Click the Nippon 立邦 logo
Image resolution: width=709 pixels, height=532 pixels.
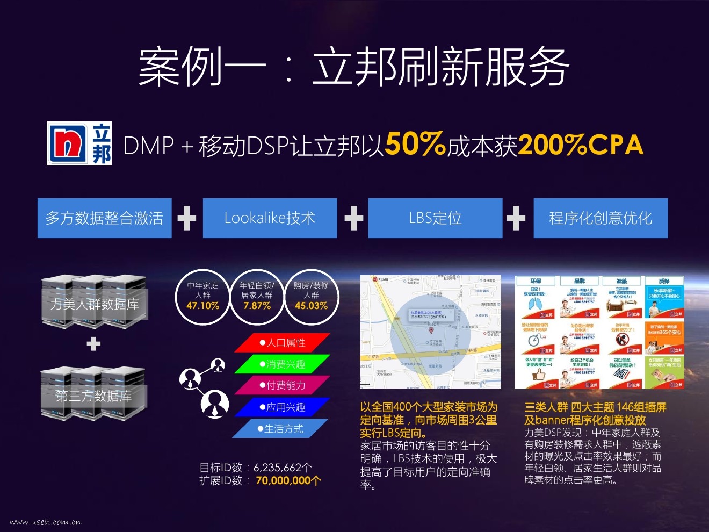pos(79,143)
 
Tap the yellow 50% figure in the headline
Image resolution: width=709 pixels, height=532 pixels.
pos(415,144)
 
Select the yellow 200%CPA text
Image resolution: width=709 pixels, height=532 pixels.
pos(581,145)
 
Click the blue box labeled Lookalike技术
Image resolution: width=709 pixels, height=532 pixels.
pos(270,218)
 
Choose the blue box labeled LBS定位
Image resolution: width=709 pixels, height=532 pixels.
pos(435,218)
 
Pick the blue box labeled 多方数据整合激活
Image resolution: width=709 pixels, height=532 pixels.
pos(104,218)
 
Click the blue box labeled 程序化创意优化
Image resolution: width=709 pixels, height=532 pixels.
pos(601,218)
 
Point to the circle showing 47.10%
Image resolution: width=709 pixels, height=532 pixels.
pos(202,297)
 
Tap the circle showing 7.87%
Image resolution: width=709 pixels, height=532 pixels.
pos(257,297)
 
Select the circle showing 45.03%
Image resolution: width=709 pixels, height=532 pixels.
pos(311,297)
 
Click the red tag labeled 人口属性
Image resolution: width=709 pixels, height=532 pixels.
pos(283,343)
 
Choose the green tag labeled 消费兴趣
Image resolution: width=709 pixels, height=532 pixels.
pos(283,364)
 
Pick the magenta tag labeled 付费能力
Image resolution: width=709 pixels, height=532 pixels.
pos(283,385)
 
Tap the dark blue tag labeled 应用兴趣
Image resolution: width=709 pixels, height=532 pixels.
pos(283,407)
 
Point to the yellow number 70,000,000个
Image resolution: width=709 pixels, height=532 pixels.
pos(288,480)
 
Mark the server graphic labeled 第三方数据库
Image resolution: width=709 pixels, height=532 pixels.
pos(93,393)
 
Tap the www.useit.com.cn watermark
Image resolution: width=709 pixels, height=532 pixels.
pos(46,522)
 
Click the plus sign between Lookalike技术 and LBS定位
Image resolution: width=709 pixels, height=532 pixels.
pos(353,219)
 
